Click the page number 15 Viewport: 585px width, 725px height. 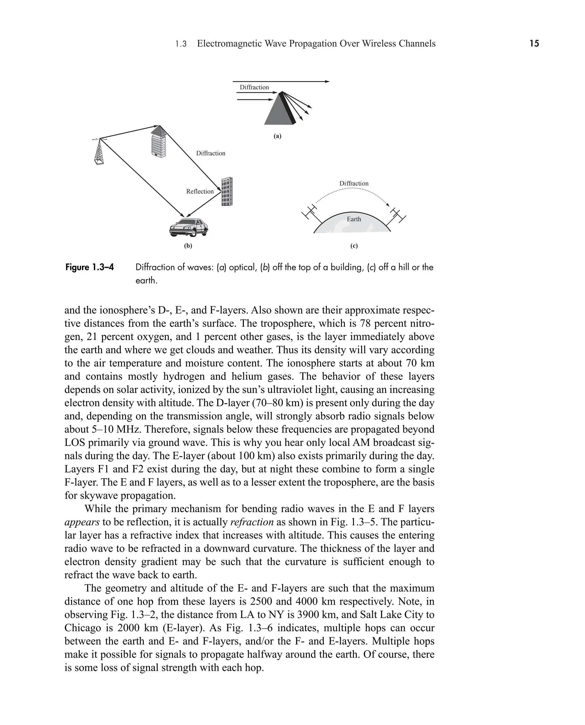(534, 43)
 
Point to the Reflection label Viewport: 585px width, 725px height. (200, 192)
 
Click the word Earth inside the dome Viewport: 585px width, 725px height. (354, 219)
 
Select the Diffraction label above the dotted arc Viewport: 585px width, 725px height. (354, 184)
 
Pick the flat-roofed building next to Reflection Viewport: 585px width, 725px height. (227, 192)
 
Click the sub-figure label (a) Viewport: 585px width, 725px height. (277, 136)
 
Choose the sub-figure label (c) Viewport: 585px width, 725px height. (354, 246)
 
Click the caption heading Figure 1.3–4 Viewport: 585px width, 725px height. (90, 267)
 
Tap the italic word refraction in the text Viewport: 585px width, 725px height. (252, 522)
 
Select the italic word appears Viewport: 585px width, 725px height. (82, 522)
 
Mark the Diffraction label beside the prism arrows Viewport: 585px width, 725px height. (254, 88)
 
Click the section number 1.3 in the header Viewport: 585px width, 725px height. (181, 44)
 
